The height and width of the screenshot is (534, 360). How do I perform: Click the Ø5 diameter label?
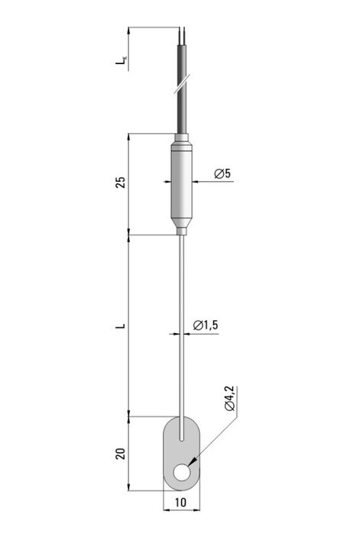coord(222,173)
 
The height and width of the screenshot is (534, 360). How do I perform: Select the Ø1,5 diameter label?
coord(206,325)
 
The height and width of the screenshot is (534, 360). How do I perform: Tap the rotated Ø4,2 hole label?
coord(230,399)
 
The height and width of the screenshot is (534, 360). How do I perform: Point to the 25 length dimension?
coord(121,182)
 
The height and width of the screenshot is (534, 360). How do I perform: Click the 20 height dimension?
coord(121,454)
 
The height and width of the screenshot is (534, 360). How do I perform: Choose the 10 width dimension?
coord(181,503)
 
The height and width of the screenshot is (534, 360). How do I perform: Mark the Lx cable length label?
coord(121,60)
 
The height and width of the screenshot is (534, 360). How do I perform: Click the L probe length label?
coord(121,326)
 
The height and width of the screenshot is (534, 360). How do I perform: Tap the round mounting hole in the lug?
coord(182,472)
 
